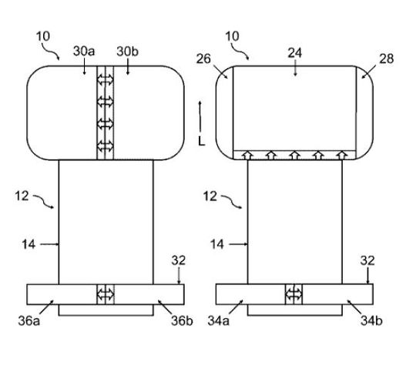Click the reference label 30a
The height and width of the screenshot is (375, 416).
[84, 51]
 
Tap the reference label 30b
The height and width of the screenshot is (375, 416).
[127, 52]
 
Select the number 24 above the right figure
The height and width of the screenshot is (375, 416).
[295, 53]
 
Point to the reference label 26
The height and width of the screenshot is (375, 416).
[203, 59]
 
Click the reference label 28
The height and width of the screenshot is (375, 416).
[386, 59]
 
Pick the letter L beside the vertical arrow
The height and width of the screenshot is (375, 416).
[202, 142]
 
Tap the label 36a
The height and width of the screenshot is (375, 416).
[29, 321]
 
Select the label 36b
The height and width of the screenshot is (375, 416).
[182, 321]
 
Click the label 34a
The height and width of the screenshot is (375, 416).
[218, 321]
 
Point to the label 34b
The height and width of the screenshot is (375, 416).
[371, 321]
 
